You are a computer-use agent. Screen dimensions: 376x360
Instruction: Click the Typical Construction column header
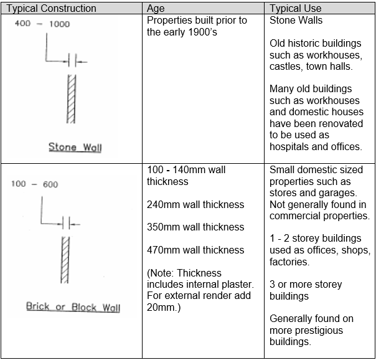[51, 9]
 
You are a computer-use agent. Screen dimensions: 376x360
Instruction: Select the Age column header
[156, 9]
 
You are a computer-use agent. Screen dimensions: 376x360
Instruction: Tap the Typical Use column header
[296, 9]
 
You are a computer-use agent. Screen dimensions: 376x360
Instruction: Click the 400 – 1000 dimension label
[42, 24]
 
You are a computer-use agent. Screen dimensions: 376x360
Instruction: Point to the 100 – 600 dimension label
[35, 184]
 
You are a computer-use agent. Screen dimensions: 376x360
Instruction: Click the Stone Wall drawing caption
[75, 147]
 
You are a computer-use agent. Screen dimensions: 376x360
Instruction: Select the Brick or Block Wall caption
[73, 307]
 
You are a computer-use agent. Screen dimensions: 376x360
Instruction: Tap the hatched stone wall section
[71, 99]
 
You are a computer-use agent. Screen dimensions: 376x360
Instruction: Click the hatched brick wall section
[65, 260]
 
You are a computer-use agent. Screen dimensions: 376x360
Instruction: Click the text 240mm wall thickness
[195, 204]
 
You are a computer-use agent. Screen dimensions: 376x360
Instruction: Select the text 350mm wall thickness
[195, 227]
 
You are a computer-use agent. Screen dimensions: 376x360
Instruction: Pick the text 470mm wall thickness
[195, 250]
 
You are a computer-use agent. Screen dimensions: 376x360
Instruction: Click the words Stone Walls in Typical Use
[296, 21]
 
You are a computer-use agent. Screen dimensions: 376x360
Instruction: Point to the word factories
[289, 262]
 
